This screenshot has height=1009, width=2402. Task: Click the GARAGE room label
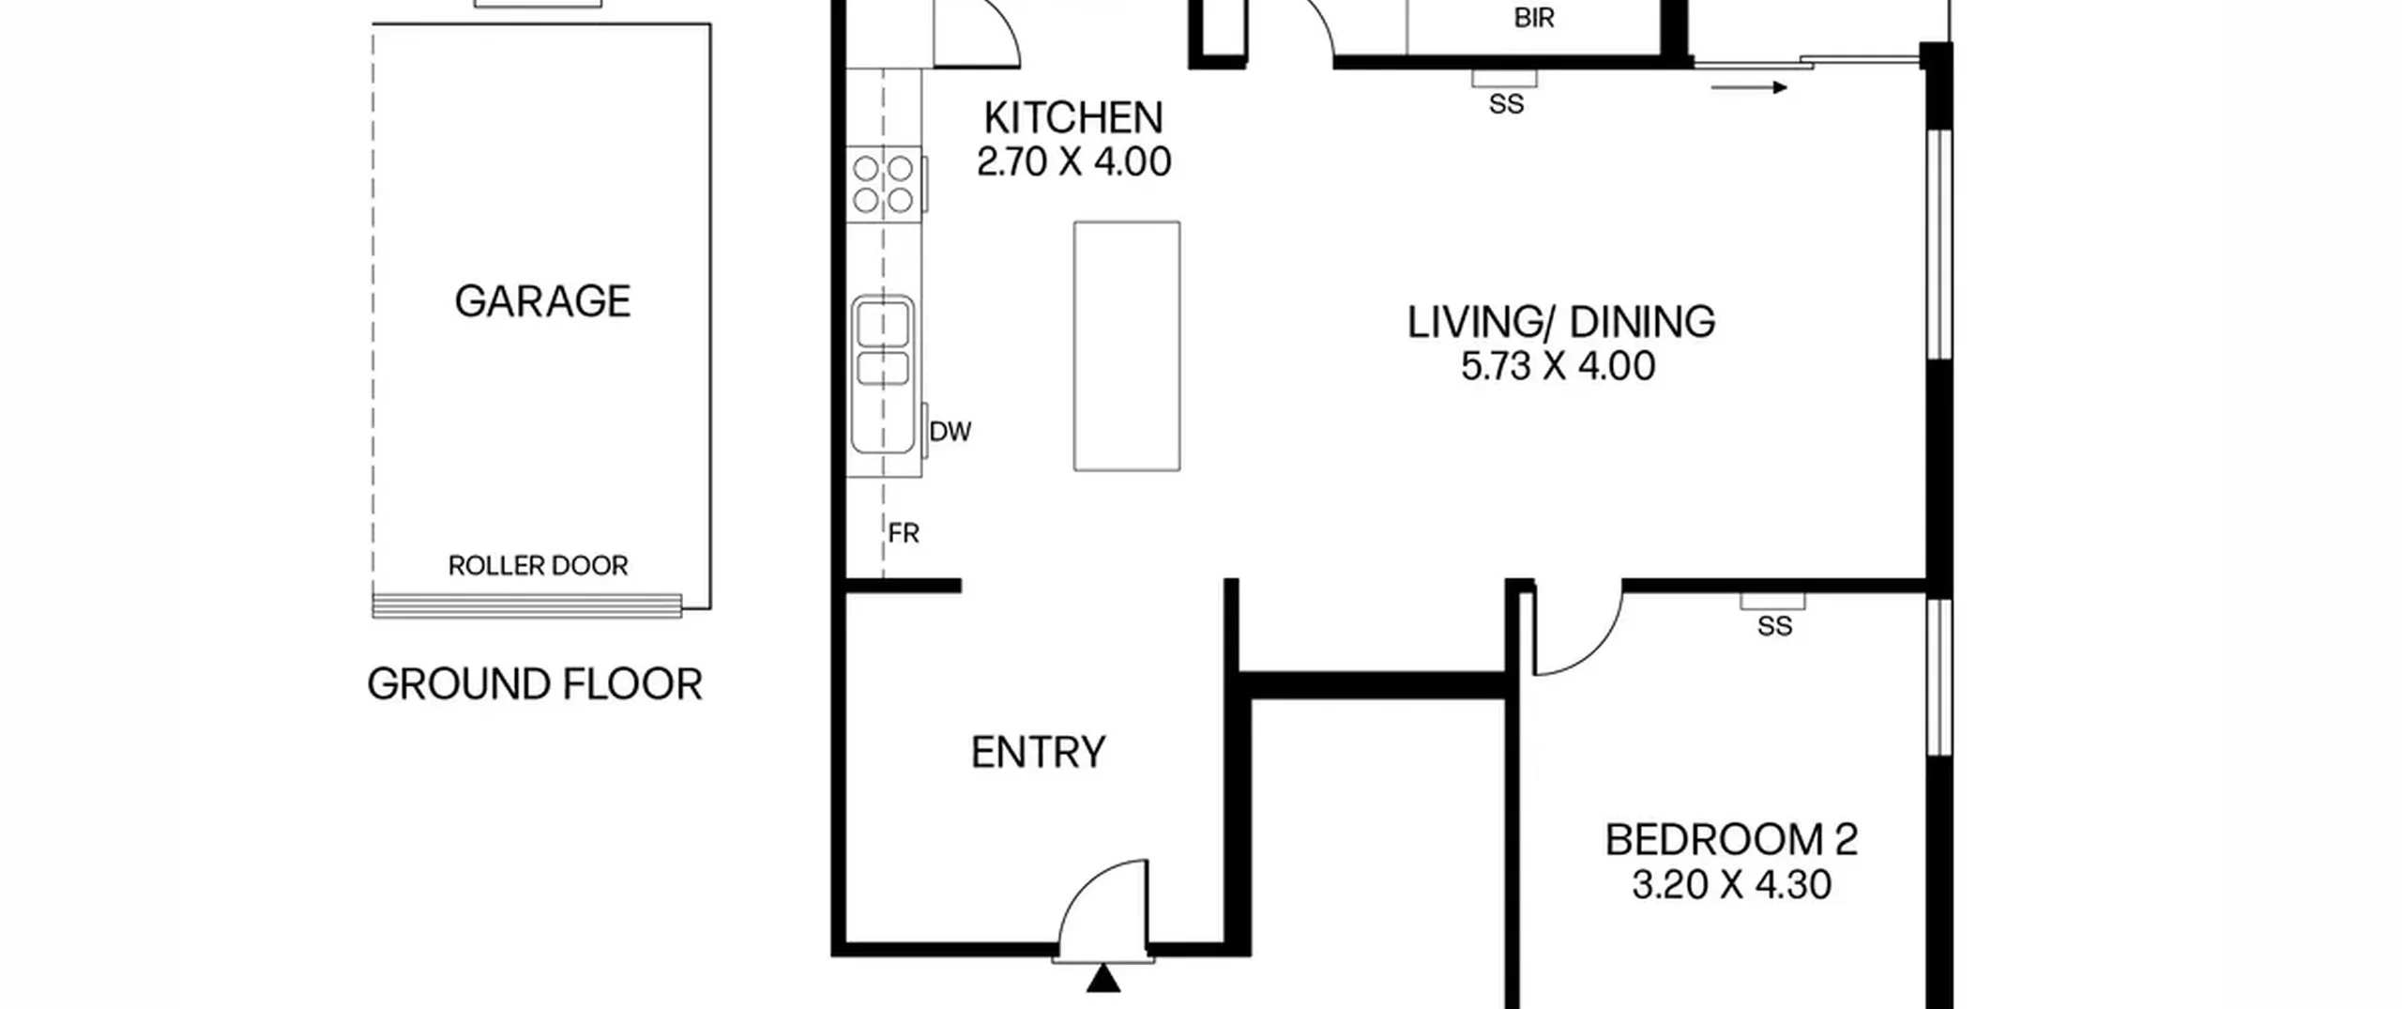542,301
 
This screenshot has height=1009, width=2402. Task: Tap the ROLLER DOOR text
538,566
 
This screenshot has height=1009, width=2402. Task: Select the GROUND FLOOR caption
535,684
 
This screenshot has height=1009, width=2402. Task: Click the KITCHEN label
1073,118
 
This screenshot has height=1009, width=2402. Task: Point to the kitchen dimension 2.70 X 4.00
1073,162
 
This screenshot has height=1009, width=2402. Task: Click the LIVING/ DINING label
1561,322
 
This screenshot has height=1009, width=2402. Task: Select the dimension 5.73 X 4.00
1558,366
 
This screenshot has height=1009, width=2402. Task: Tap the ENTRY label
1038,753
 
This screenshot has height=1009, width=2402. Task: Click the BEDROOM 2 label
1731,840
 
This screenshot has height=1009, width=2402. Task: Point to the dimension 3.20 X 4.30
1731,885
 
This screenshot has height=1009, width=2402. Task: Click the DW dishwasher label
950,432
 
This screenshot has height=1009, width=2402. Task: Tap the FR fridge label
904,534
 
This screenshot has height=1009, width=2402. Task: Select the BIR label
1534,18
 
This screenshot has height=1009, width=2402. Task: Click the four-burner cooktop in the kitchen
883,184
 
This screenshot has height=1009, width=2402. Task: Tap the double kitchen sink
883,374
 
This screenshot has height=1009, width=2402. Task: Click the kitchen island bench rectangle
1127,346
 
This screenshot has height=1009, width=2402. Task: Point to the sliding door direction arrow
1749,88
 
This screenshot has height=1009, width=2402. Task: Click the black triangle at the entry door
1103,979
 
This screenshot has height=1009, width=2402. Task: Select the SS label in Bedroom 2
1774,627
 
